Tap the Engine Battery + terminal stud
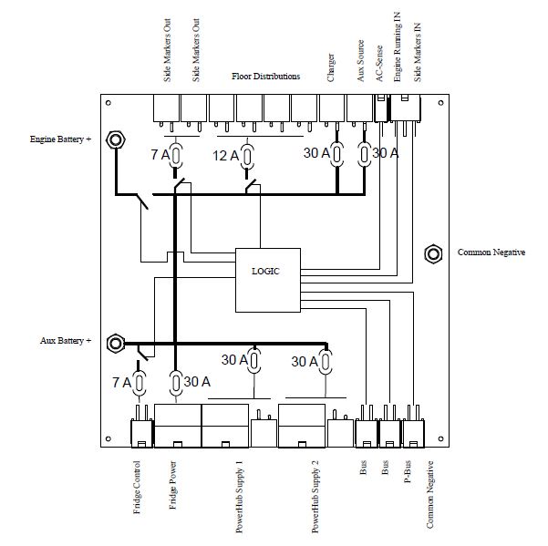(x=117, y=140)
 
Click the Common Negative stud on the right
(x=434, y=253)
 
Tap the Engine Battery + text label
(x=61, y=140)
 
